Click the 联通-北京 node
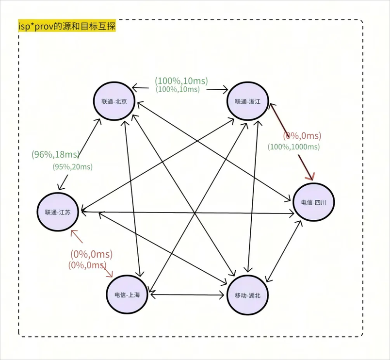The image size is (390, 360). coord(114,101)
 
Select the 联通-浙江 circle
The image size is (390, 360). coord(248,101)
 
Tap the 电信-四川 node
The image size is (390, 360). coord(314,202)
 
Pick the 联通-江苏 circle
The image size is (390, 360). coord(58,212)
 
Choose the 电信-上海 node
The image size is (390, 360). coord(127,295)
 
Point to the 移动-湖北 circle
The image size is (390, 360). coord(248,295)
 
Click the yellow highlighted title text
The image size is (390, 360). coord(67,26)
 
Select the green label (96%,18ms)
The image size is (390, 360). coord(55,154)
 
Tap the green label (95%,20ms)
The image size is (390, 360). coord(72,167)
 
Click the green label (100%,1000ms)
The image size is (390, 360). coord(294,147)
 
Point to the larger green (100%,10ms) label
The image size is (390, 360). coord(181,81)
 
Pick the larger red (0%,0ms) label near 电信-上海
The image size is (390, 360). coord(91,254)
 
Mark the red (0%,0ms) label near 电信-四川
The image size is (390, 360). coord(302,136)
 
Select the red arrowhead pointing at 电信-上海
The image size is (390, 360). coord(109,274)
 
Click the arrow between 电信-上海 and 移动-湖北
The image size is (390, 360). coord(187,295)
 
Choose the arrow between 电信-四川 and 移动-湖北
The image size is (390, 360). coord(285,251)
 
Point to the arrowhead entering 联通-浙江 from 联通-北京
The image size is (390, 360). coord(225,89)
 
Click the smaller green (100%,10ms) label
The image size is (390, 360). coord(178,89)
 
